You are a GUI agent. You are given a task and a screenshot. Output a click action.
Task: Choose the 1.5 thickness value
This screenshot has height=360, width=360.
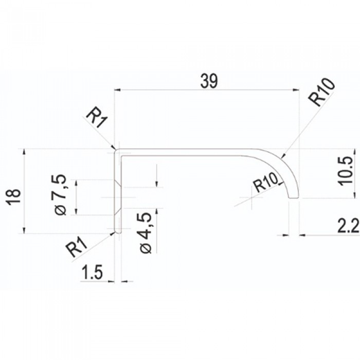pyautogui.click(x=93, y=273)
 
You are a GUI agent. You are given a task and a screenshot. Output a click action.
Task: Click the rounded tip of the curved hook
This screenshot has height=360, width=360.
pyautogui.click(x=293, y=197)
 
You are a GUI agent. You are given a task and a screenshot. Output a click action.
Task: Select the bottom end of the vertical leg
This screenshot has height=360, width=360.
pyautogui.click(x=118, y=232)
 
